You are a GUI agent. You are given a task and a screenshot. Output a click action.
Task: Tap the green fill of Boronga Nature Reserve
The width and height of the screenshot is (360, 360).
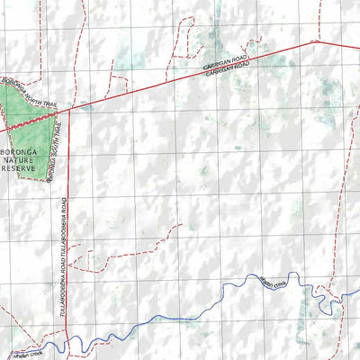[x=27, y=121]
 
